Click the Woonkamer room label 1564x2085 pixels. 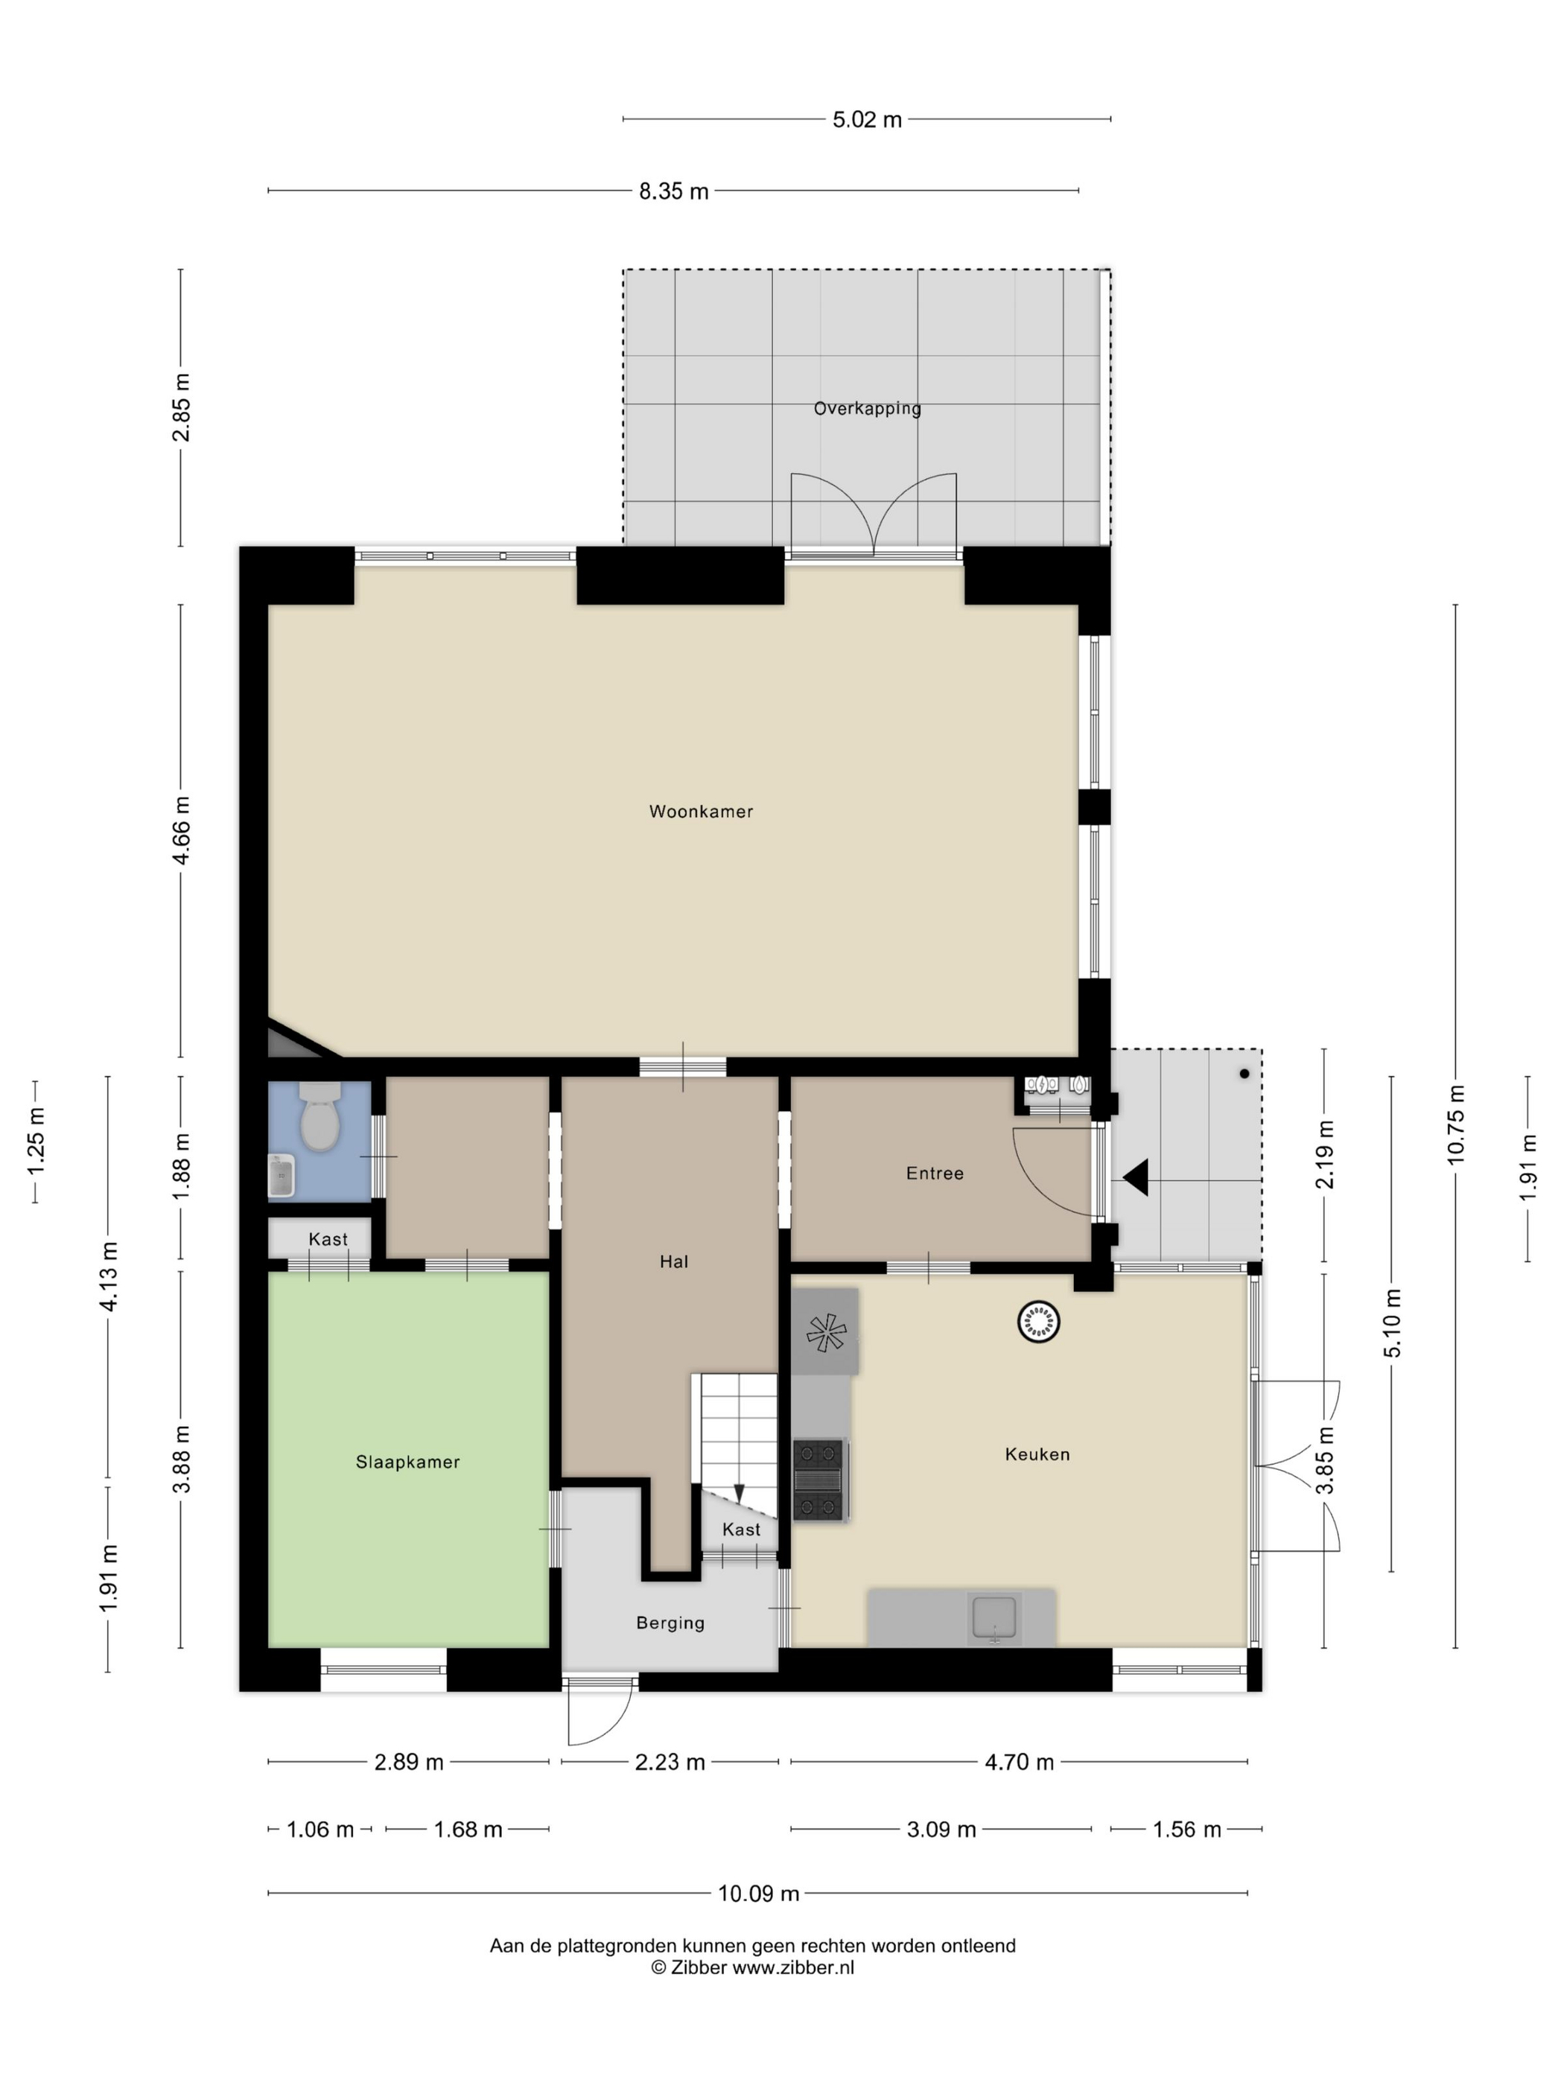pos(701,811)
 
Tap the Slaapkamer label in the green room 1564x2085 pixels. pos(407,1461)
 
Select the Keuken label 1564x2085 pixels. pos(1037,1454)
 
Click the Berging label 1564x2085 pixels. pos(670,1622)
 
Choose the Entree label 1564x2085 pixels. pos(934,1173)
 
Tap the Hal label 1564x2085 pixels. pos(674,1261)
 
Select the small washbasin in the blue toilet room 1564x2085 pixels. pos(282,1175)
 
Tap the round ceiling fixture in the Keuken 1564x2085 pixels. pos(1038,1322)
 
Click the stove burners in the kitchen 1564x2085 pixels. pos(818,1479)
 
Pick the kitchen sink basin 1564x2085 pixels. pos(994,1617)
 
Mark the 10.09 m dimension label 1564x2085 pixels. pos(758,1893)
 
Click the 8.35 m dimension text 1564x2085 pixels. pos(673,191)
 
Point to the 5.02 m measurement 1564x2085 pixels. pos(866,120)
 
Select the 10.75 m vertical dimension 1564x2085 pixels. pos(1455,1124)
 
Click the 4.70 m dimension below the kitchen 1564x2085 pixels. pos(1019,1762)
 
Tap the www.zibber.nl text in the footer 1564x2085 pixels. pos(793,1967)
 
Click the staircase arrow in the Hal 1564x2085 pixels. pos(739,1494)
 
